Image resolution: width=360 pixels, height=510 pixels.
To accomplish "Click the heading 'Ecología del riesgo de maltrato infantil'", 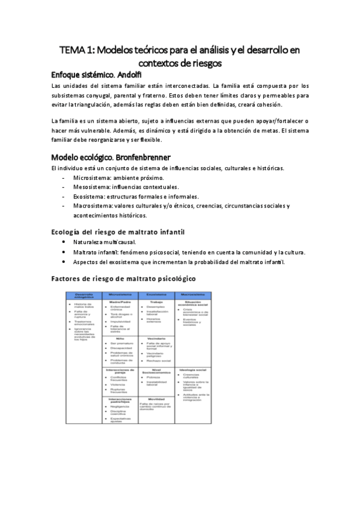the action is pos(118,232).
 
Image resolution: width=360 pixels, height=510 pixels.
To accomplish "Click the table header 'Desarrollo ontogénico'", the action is pos(84,295).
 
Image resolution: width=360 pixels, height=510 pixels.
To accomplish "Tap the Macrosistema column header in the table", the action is pos(192,295).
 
